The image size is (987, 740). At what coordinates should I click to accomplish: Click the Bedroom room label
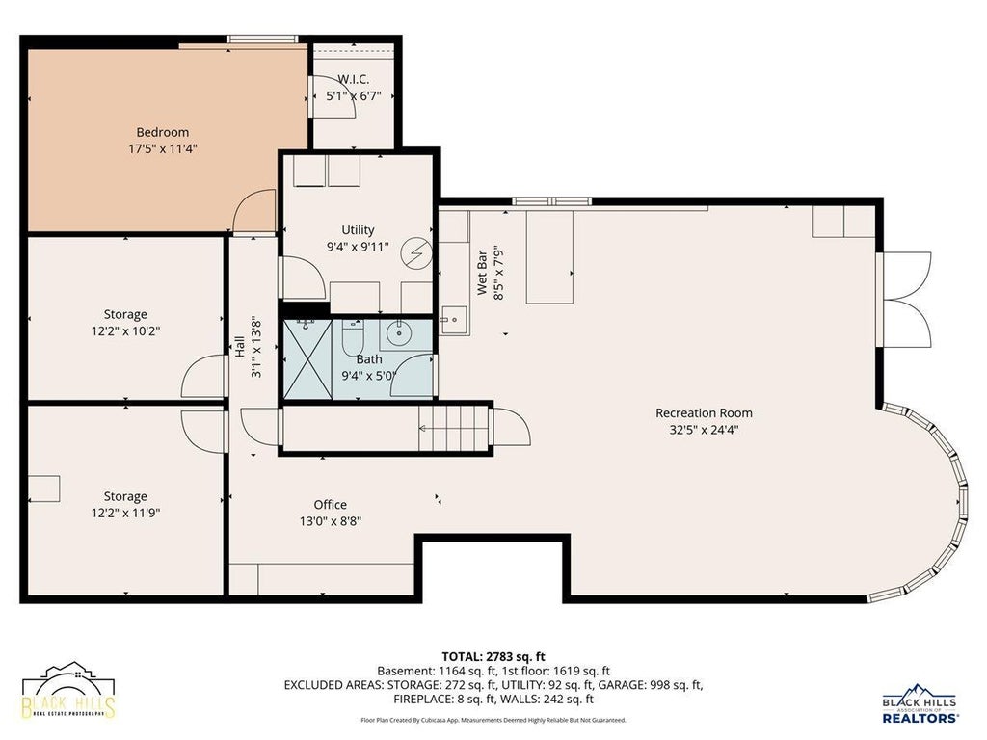162,132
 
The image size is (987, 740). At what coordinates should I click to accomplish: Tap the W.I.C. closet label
353,79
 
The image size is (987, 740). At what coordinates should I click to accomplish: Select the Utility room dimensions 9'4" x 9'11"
358,247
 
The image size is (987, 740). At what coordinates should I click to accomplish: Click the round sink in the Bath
398,333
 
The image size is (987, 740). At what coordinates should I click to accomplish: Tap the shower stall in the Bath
307,359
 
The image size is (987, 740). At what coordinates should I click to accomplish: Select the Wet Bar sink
453,320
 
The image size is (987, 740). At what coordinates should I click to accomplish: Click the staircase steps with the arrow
454,429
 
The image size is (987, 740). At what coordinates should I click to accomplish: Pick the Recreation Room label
704,413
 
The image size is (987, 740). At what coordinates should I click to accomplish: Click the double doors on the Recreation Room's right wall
904,299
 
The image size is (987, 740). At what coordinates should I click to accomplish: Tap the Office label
331,505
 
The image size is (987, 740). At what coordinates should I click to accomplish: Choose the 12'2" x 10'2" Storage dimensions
125,331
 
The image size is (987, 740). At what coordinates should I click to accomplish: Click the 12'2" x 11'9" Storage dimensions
125,513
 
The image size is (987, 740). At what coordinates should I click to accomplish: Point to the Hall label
239,347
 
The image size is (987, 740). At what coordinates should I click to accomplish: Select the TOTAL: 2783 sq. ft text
493,657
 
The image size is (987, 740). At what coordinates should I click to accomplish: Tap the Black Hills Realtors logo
920,702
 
